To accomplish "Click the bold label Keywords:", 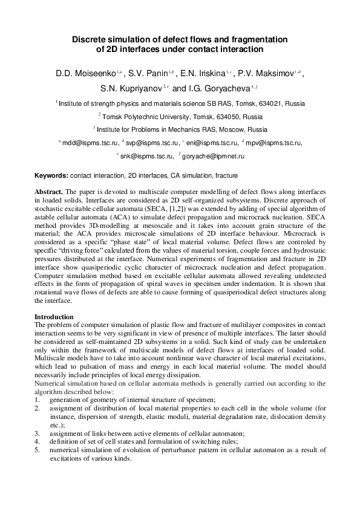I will (x=51, y=175).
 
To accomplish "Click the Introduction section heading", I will (x=54, y=317).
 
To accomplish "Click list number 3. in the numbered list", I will (x=38, y=433).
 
